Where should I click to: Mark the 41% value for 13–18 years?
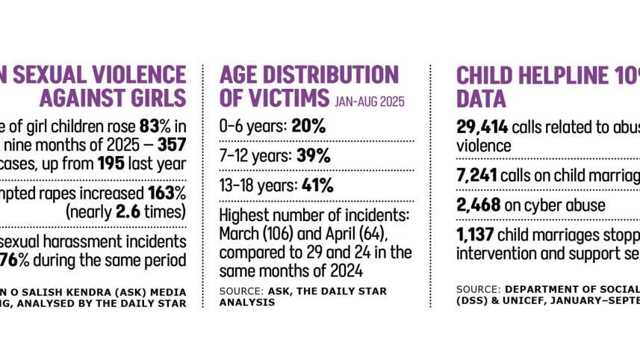[317, 186]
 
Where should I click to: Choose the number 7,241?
[477, 175]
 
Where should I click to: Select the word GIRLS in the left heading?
[155, 98]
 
